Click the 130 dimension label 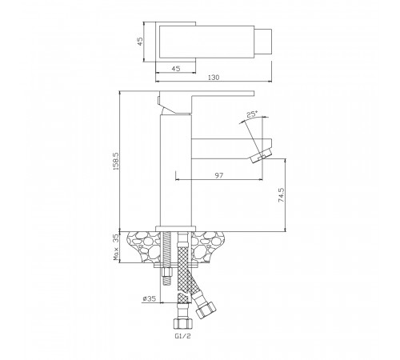point(214,78)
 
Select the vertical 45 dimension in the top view point(140,42)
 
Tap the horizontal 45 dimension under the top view point(176,69)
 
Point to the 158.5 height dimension point(116,162)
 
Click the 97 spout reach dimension point(219,175)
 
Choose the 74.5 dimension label point(282,195)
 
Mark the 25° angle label point(252,114)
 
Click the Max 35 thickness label point(116,247)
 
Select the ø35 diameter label point(149,298)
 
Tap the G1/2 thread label point(183,336)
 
